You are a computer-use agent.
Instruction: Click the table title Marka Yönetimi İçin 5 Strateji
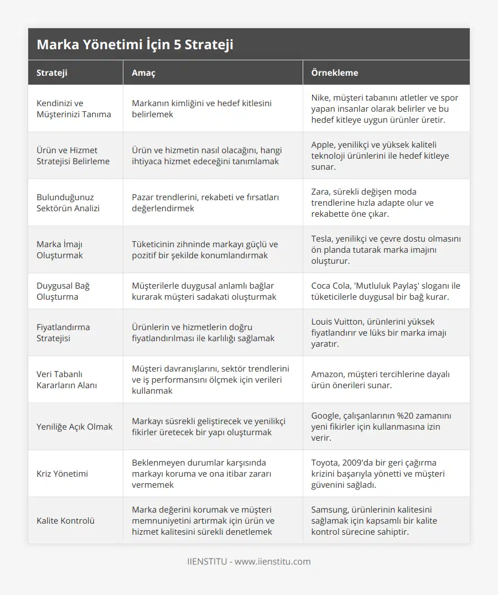(135, 45)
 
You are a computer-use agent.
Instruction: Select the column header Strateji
(53, 72)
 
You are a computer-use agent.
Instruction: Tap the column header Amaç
(143, 72)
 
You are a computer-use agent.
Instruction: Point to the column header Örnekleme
(334, 72)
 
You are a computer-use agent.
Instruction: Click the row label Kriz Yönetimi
(62, 474)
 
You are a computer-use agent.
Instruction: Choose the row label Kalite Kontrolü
(65, 521)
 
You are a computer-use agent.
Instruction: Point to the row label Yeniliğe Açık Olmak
(74, 427)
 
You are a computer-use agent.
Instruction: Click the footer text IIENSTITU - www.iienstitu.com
(249, 562)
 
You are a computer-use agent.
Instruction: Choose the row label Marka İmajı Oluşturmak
(60, 249)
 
